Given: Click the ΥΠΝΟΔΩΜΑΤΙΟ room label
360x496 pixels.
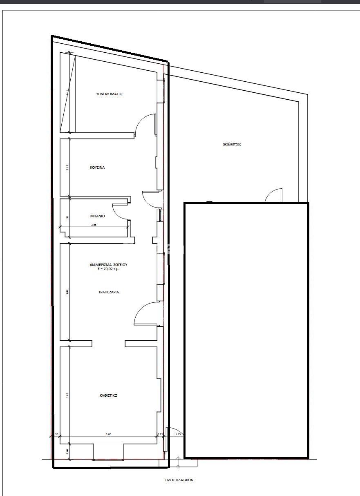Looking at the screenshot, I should coord(109,94).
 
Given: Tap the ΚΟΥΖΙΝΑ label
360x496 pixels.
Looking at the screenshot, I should coord(97,168).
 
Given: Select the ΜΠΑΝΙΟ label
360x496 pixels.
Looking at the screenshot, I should coord(97,216).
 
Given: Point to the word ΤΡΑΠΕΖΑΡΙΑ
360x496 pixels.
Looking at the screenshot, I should coord(109,292).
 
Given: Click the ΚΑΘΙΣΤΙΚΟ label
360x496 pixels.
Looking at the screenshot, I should coord(108,395).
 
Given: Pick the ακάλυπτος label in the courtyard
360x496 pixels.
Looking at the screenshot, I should coord(232,144).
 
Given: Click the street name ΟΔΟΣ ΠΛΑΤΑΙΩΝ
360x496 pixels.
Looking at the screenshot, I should coord(177,480).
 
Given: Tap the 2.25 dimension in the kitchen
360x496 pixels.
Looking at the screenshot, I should coord(67,168).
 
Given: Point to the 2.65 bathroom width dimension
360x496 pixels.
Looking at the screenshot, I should coord(94,225).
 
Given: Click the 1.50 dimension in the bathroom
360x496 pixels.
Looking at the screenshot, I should coord(67,217).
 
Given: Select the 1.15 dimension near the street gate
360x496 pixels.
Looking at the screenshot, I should coord(178,434).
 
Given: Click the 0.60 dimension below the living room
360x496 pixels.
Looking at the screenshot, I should coord(67,451).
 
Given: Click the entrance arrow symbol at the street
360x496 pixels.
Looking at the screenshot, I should coord(178,462).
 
